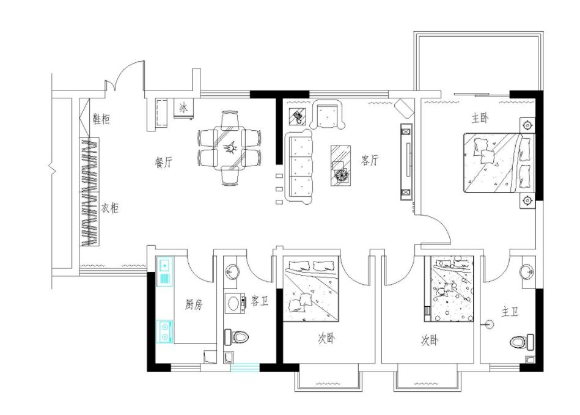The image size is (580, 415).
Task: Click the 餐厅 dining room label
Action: click(x=163, y=162)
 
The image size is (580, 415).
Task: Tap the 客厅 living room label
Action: click(x=370, y=160)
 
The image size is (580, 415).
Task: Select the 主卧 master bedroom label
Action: click(x=480, y=118)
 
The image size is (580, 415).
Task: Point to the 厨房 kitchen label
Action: click(x=194, y=304)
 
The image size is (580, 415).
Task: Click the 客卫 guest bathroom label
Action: click(x=259, y=301)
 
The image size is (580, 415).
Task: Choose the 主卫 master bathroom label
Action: click(x=510, y=312)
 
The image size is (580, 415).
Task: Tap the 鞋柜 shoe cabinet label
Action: click(x=101, y=119)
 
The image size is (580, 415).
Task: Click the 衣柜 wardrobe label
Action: click(x=110, y=208)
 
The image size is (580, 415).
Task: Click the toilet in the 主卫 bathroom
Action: click(x=522, y=342)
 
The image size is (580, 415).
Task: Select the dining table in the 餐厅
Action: click(x=229, y=147)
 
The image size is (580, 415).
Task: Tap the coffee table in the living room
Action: click(x=340, y=166)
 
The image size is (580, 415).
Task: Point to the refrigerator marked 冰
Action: click(x=183, y=108)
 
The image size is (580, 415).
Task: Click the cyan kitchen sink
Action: click(x=164, y=271)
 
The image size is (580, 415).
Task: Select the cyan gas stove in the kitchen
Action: click(x=164, y=331)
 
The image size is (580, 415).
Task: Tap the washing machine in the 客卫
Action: click(x=235, y=303)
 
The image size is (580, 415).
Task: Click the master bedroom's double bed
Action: click(x=499, y=163)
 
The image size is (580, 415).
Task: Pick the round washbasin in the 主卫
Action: click(x=527, y=272)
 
